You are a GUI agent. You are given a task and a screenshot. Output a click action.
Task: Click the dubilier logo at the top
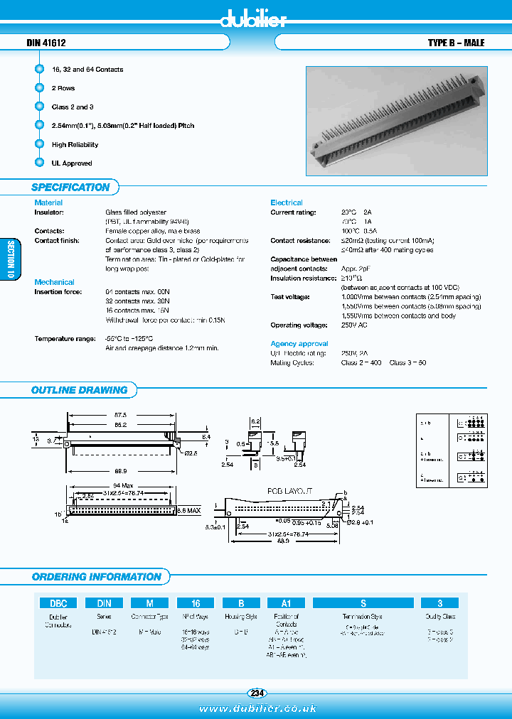click(x=252, y=19)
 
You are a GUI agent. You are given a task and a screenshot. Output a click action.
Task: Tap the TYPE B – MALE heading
click(x=456, y=43)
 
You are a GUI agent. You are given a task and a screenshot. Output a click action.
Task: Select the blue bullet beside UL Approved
click(x=39, y=163)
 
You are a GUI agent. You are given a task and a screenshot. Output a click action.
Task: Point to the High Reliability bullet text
click(x=75, y=144)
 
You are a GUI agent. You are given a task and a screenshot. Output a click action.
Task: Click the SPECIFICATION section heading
click(x=70, y=188)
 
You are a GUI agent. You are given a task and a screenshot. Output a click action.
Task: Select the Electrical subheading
click(x=286, y=202)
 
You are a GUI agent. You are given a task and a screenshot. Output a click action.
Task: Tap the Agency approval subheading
click(x=299, y=344)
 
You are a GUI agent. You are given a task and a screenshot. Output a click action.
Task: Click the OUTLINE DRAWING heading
click(x=79, y=390)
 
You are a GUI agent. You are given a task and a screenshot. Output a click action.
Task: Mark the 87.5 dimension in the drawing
click(x=119, y=416)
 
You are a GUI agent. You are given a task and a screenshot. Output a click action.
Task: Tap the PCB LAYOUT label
click(x=291, y=491)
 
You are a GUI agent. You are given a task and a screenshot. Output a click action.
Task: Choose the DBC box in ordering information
click(x=58, y=602)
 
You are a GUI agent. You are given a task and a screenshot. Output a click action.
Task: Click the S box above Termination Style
click(x=363, y=602)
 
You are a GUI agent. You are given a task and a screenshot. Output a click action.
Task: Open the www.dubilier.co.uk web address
click(x=257, y=708)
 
